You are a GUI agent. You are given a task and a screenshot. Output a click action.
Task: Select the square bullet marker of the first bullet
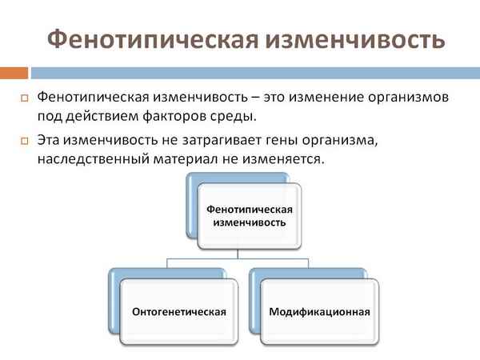[x=24, y=98]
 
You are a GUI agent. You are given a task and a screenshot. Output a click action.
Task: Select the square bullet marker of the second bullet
[x=24, y=141]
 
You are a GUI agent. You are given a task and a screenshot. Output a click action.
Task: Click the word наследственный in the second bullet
[x=92, y=159]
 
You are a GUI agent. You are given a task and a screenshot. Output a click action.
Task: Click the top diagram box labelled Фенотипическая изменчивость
[x=250, y=215]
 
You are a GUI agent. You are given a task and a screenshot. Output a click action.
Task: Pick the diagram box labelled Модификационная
[x=319, y=310]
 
